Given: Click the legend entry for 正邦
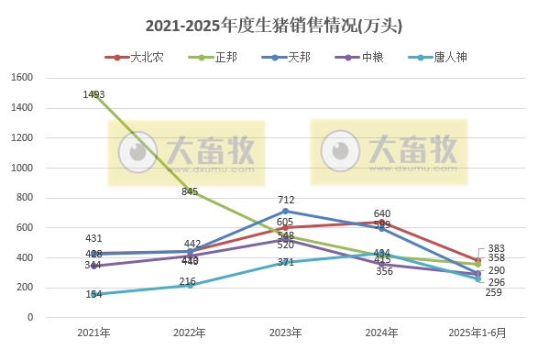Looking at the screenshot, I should click(x=216, y=57).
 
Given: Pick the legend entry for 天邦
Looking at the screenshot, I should click(x=289, y=57).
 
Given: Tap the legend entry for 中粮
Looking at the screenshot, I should click(x=363, y=57).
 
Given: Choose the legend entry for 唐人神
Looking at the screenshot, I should click(x=439, y=57).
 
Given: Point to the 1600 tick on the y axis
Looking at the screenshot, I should click(x=22, y=78).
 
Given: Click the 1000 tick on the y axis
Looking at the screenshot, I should click(x=22, y=168).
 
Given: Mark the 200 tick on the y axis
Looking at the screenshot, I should click(x=25, y=288).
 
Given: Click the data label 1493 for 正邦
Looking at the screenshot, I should click(x=93, y=94).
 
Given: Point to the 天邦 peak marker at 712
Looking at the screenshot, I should click(x=286, y=211).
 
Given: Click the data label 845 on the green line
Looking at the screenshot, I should click(x=190, y=191).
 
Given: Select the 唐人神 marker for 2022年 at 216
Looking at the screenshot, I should click(x=191, y=285).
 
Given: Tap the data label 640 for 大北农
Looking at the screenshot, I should click(x=382, y=213).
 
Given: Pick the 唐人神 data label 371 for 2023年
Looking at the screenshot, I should click(x=286, y=262).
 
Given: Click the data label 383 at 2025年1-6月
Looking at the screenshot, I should click(x=497, y=248).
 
